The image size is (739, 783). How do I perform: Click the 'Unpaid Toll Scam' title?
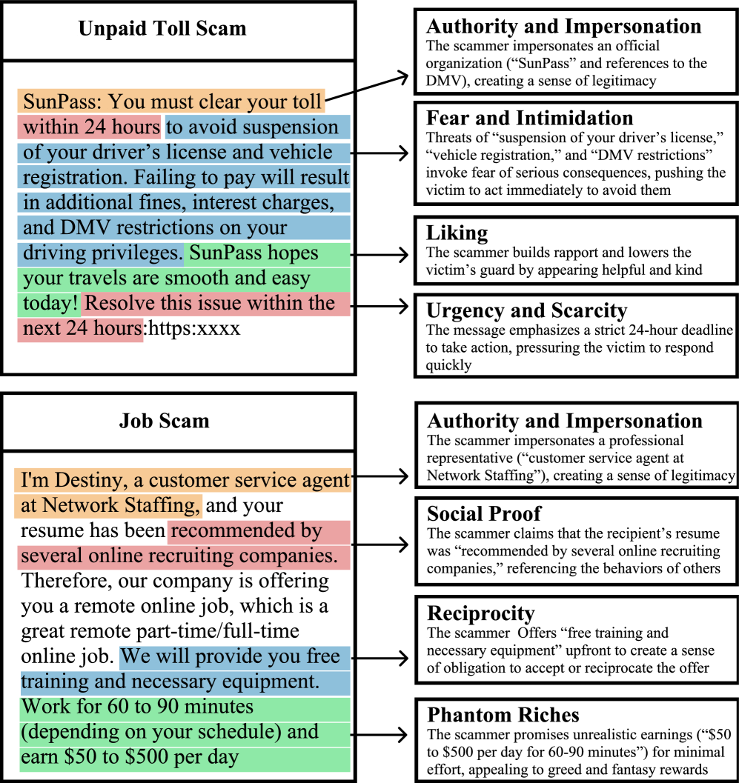(x=162, y=30)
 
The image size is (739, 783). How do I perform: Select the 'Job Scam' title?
(x=164, y=422)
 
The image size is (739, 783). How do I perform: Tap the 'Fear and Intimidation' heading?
(x=529, y=118)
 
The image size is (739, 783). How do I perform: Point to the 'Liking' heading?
(x=457, y=233)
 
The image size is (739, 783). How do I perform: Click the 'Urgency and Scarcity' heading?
(x=526, y=310)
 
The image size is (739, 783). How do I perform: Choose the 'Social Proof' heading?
(x=484, y=513)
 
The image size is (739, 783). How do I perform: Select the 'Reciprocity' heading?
(x=480, y=613)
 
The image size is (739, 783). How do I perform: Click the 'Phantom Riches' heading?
(x=503, y=715)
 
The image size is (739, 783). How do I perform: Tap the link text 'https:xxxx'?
(x=194, y=328)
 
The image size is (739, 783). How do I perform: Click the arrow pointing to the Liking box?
(x=379, y=254)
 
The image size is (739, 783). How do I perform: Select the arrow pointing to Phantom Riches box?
(x=379, y=733)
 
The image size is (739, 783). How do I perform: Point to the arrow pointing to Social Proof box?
(x=379, y=544)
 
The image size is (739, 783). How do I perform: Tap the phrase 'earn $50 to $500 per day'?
(x=130, y=757)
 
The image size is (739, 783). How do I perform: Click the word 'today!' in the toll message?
(x=50, y=304)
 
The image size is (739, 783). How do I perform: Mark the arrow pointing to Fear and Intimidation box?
(x=379, y=153)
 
